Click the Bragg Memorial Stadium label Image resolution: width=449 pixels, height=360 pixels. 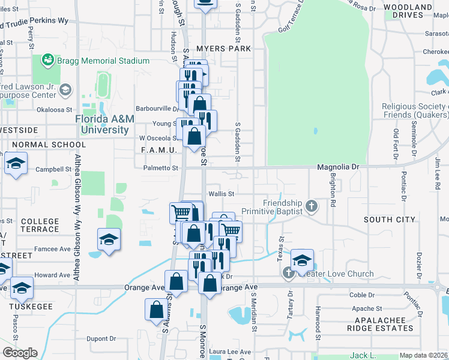[103, 61]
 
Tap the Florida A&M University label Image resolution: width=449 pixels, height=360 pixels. [104, 124]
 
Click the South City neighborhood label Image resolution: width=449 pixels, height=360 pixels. [390, 220]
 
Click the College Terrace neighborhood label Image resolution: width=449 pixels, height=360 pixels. [40, 226]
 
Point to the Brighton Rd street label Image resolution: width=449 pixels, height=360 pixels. [332, 189]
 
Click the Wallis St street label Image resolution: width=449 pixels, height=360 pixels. [221, 194]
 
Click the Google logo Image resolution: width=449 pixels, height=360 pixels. [20, 353]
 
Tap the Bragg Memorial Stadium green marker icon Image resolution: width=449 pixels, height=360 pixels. [47, 61]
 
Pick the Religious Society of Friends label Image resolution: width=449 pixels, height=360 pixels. [415, 110]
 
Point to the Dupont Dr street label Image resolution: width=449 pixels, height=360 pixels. [97, 338]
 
